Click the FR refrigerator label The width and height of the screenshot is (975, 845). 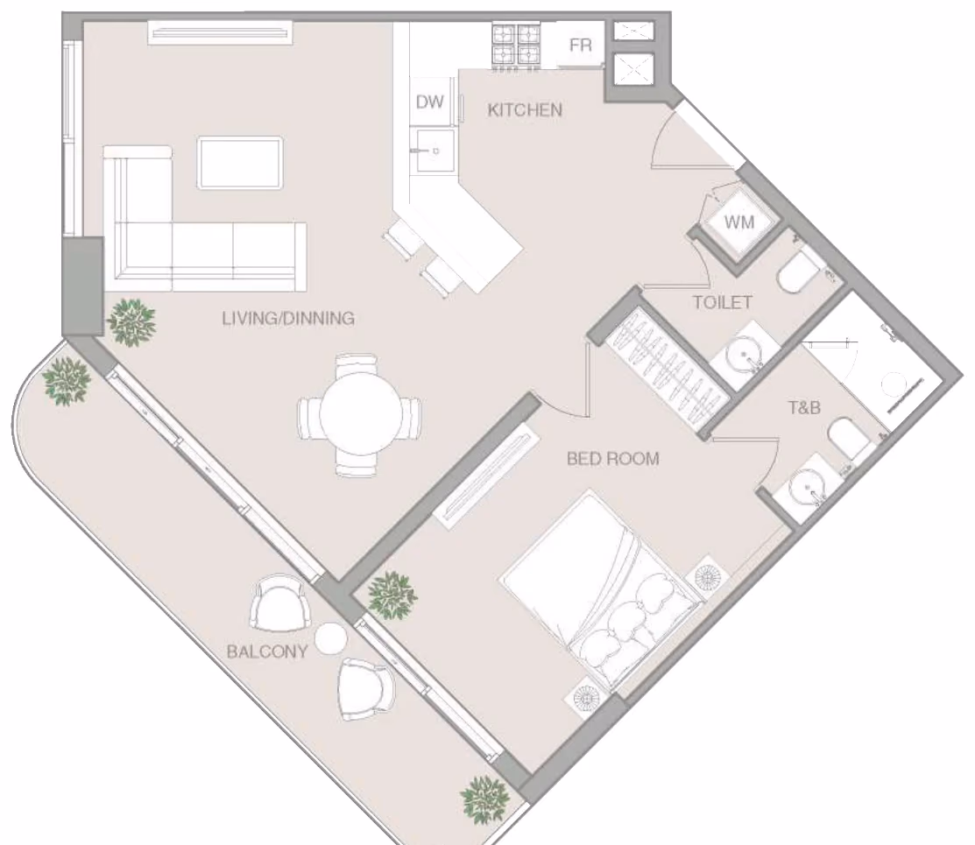point(580,46)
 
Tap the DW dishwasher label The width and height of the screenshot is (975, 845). point(429,102)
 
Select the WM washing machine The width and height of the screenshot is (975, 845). point(738,222)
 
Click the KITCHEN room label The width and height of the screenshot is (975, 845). point(525,110)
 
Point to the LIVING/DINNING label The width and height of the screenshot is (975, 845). point(288,319)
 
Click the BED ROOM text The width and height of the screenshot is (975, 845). point(613,459)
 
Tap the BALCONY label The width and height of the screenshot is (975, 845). point(267,651)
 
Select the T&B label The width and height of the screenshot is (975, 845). point(805,408)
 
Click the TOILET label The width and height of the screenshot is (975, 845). point(723,303)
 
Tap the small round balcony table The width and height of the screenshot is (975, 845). point(331,638)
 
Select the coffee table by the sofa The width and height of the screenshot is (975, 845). point(240,163)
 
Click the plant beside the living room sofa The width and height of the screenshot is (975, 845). point(131,320)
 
